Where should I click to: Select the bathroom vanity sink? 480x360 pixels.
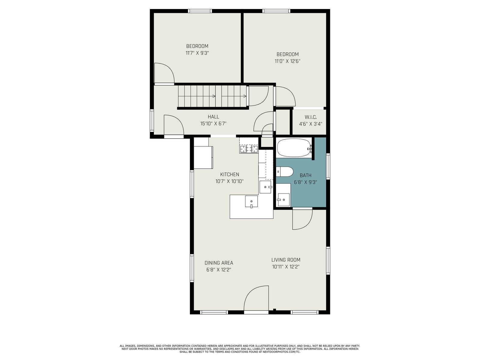pyautogui.click(x=283, y=199)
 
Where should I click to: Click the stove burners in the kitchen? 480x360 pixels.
pyautogui.click(x=249, y=149)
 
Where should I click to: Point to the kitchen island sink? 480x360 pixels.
pyautogui.click(x=251, y=201)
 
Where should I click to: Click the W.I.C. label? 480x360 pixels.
pyautogui.click(x=310, y=117)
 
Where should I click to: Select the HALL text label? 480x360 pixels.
pyautogui.click(x=213, y=117)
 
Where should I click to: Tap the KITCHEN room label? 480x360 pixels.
pyautogui.click(x=229, y=174)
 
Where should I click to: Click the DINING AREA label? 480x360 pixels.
pyautogui.click(x=219, y=263)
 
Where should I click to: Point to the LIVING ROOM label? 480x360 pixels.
pyautogui.click(x=286, y=260)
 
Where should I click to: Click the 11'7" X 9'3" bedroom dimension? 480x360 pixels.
pyautogui.click(x=197, y=53)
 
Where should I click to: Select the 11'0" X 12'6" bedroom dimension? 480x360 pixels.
pyautogui.click(x=287, y=61)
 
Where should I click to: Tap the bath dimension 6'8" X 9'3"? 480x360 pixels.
pyautogui.click(x=305, y=182)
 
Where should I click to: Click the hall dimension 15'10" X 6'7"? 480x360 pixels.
pyautogui.click(x=213, y=124)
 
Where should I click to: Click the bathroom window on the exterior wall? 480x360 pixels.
pyautogui.click(x=328, y=166)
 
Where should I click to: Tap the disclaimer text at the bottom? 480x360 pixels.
pyautogui.click(x=240, y=349)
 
